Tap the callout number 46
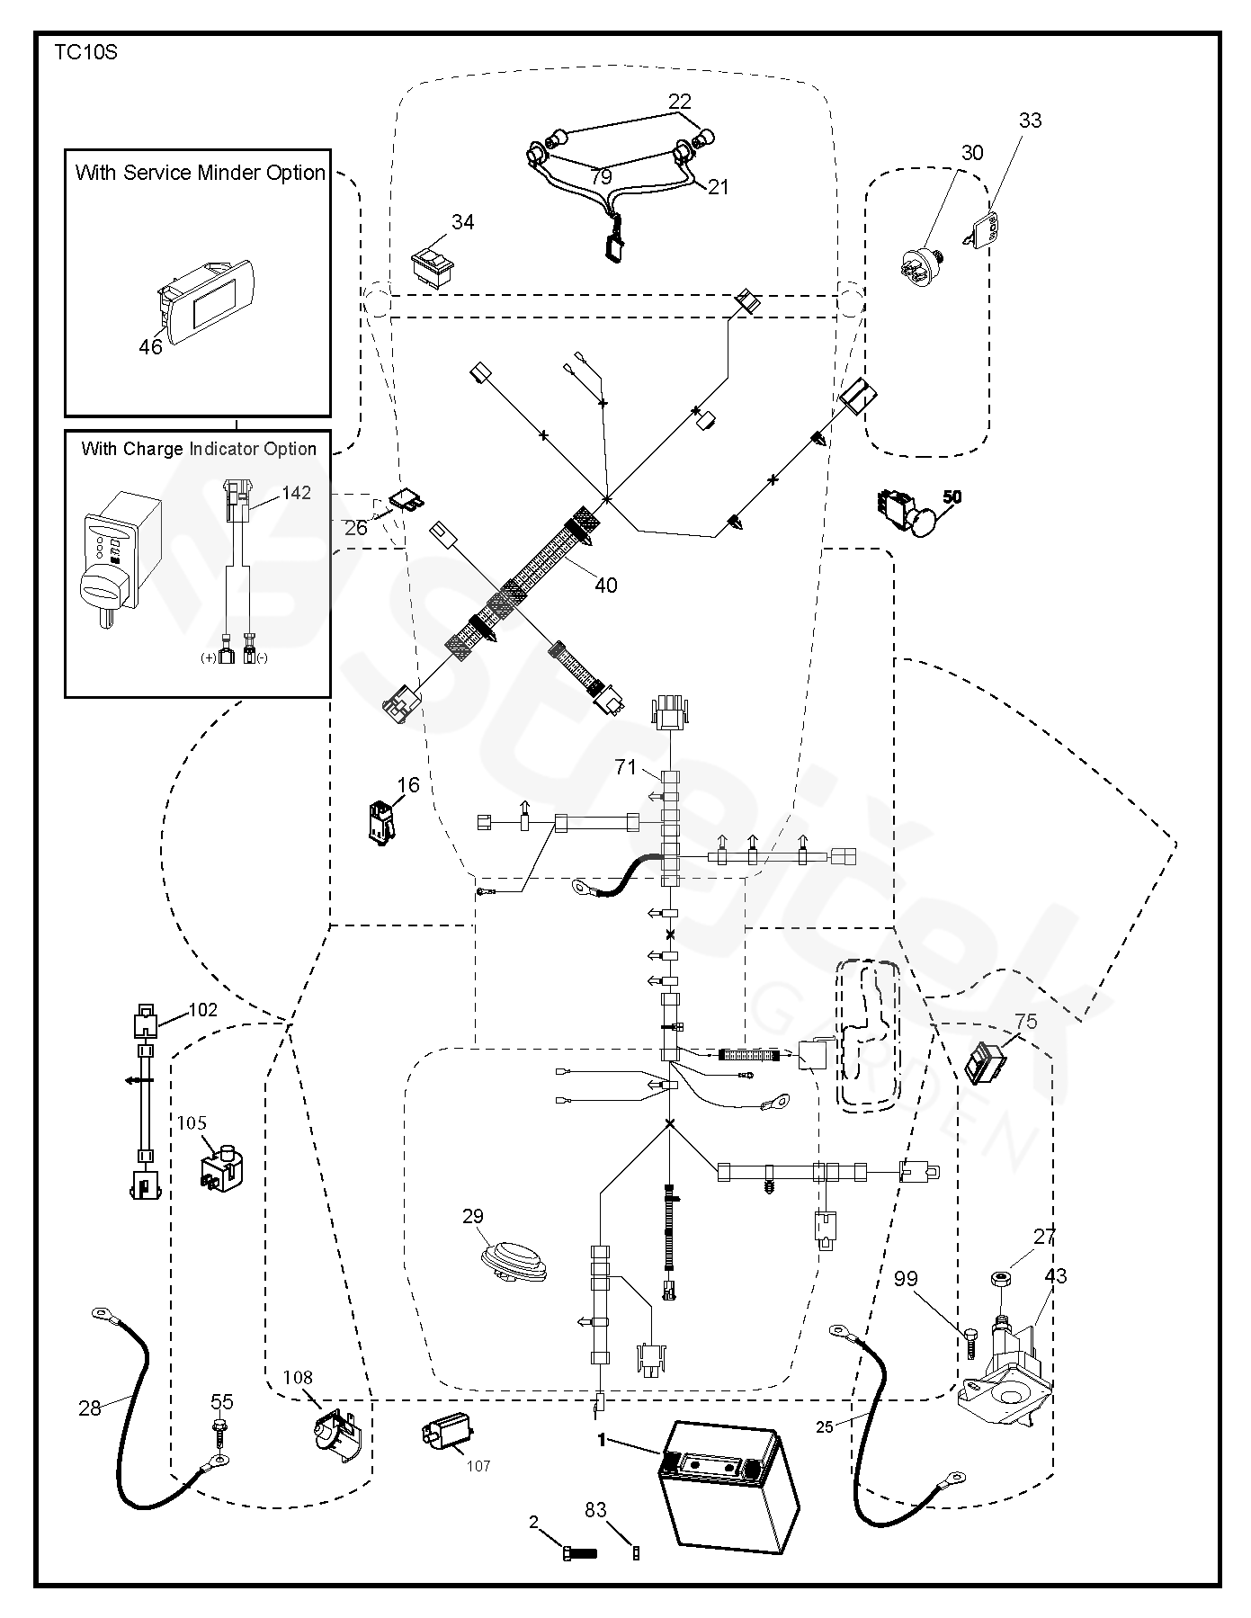[150, 346]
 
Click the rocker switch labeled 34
[431, 267]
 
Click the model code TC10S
[85, 52]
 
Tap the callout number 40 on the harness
[606, 586]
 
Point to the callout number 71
[626, 767]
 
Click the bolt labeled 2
[580, 1551]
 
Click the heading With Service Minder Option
[200, 173]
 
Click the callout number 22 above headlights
[679, 102]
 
